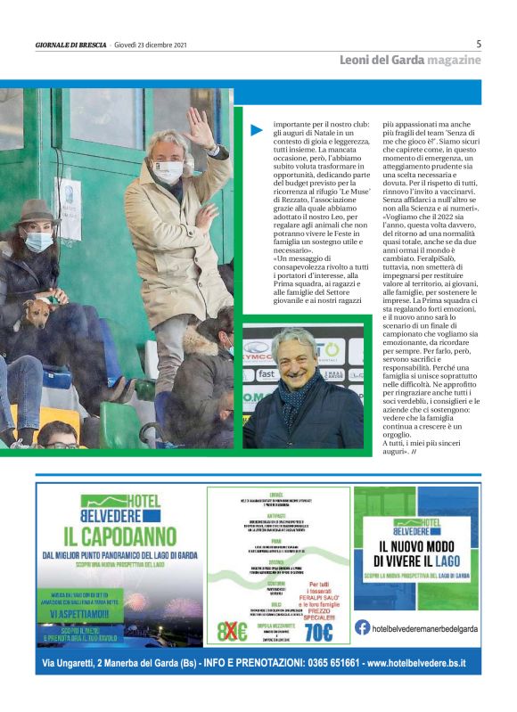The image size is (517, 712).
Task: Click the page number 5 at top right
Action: click(479, 44)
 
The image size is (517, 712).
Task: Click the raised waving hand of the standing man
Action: click(200, 127)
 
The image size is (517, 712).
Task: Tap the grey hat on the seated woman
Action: click(35, 210)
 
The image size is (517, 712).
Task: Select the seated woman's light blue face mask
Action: click(37, 241)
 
